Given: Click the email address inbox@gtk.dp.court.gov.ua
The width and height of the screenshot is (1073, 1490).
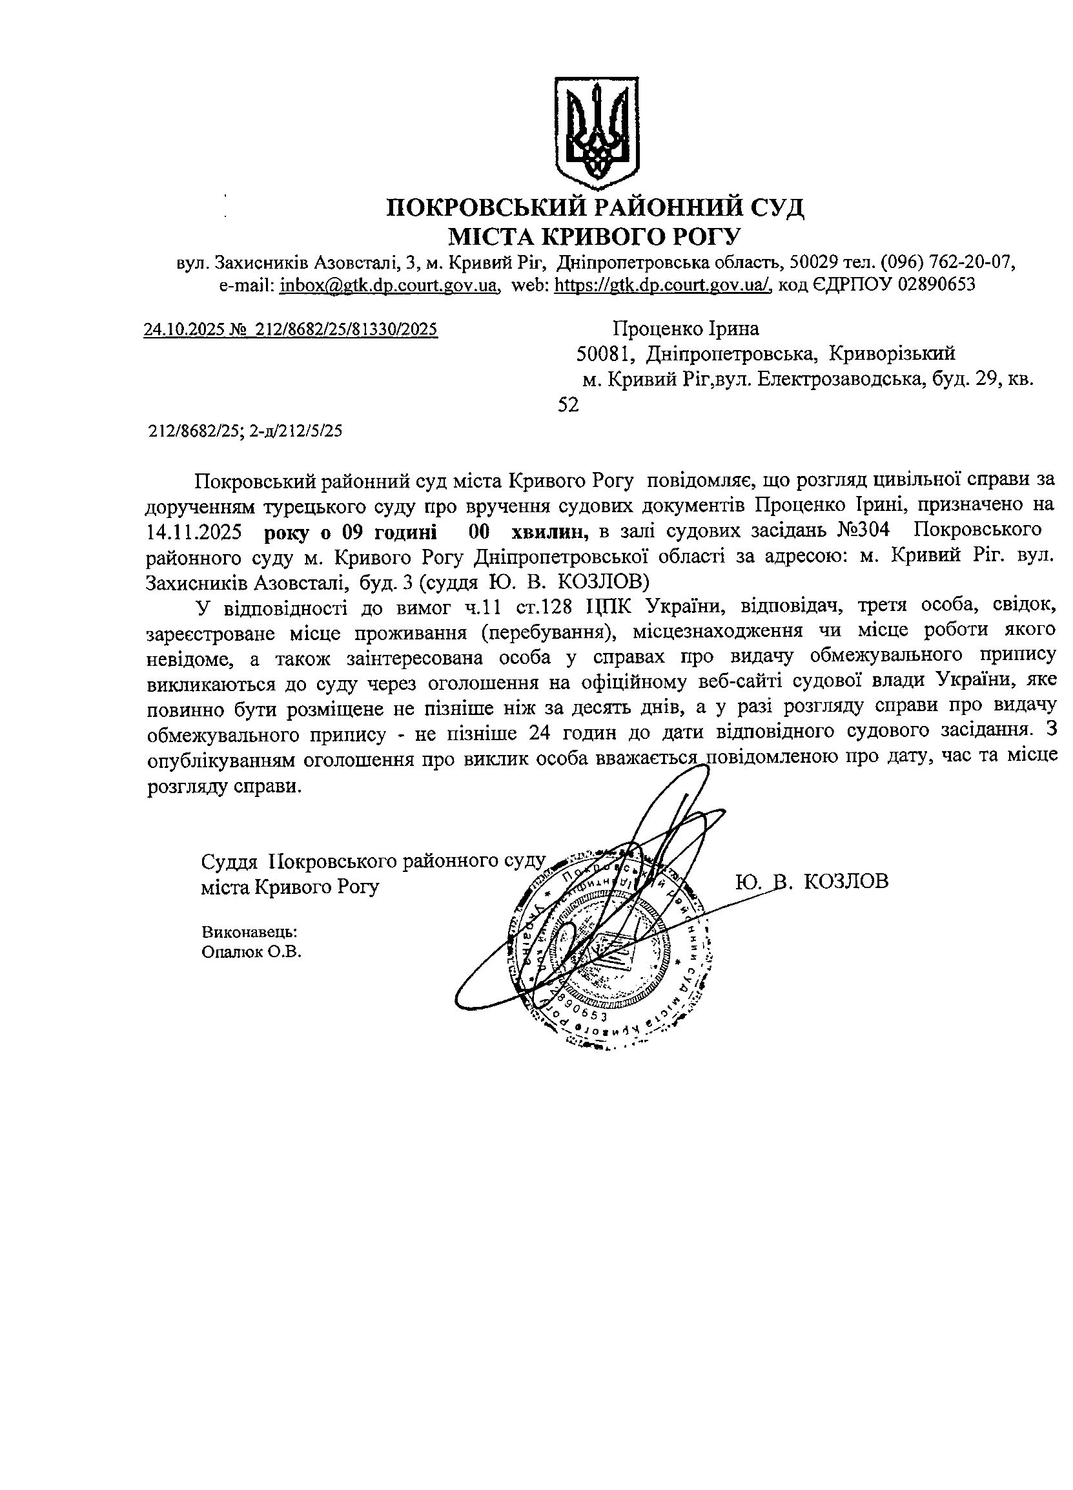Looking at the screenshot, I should pyautogui.click(x=388, y=285).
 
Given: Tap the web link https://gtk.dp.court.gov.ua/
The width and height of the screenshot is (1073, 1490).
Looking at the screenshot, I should pyautogui.click(x=662, y=285).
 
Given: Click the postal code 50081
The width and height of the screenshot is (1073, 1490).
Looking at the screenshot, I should pyautogui.click(x=604, y=355).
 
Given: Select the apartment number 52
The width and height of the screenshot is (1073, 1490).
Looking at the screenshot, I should pyautogui.click(x=568, y=406).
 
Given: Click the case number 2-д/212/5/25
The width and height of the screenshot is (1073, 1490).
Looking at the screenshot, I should pyautogui.click(x=295, y=431).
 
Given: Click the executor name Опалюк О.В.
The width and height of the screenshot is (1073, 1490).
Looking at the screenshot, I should pyautogui.click(x=252, y=952).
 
